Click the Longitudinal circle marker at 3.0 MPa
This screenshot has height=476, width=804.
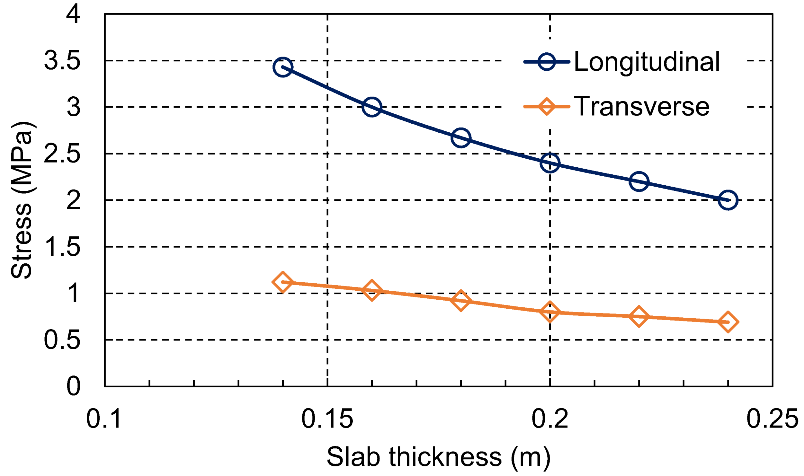click(x=372, y=107)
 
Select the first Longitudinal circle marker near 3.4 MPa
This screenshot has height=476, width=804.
click(x=282, y=67)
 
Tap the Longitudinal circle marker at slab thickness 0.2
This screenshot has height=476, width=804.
click(x=550, y=163)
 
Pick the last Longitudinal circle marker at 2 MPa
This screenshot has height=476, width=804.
click(x=728, y=200)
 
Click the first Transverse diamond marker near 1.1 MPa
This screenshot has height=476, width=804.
click(x=282, y=282)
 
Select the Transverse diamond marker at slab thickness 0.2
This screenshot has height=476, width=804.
click(x=550, y=311)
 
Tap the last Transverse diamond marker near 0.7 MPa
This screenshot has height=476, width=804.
click(x=728, y=322)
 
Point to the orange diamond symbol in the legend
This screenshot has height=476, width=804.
click(x=547, y=107)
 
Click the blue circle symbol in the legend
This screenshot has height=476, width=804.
click(x=547, y=61)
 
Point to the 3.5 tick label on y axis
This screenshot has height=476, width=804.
click(x=62, y=61)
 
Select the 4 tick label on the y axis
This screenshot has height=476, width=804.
click(x=73, y=14)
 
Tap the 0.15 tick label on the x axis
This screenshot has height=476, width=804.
click(x=327, y=419)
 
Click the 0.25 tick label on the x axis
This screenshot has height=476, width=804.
click(x=772, y=419)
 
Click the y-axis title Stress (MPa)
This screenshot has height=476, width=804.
click(x=22, y=200)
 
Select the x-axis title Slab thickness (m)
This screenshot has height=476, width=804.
click(x=438, y=456)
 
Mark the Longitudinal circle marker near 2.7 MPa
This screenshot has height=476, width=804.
click(x=461, y=138)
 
